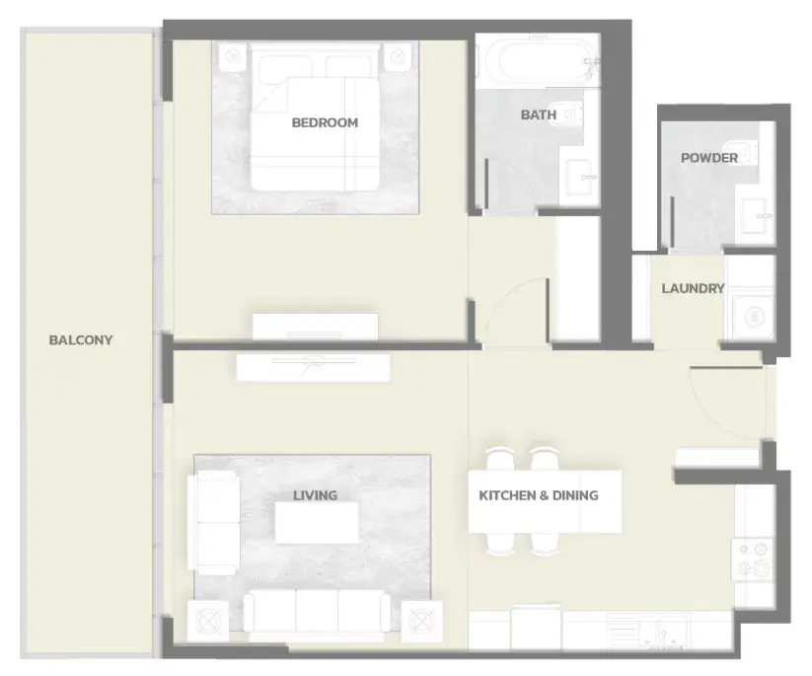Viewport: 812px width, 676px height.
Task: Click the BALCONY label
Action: (81, 339)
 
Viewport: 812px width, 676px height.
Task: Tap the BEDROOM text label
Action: (325, 122)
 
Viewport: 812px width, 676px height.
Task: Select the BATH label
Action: (539, 114)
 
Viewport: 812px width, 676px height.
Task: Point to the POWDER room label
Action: (709, 158)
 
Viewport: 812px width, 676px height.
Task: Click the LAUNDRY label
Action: (693, 288)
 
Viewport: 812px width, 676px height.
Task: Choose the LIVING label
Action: (316, 495)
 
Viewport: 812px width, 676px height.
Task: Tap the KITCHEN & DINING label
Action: (539, 495)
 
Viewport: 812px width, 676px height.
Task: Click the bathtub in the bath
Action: (542, 61)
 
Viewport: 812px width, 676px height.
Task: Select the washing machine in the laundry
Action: (753, 316)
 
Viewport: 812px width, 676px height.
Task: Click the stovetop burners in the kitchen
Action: (753, 561)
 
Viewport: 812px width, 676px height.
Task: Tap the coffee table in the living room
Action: (317, 522)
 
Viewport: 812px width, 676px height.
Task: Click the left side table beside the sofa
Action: (207, 620)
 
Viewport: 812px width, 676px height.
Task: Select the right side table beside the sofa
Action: (422, 620)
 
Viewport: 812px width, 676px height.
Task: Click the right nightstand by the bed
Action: (398, 56)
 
